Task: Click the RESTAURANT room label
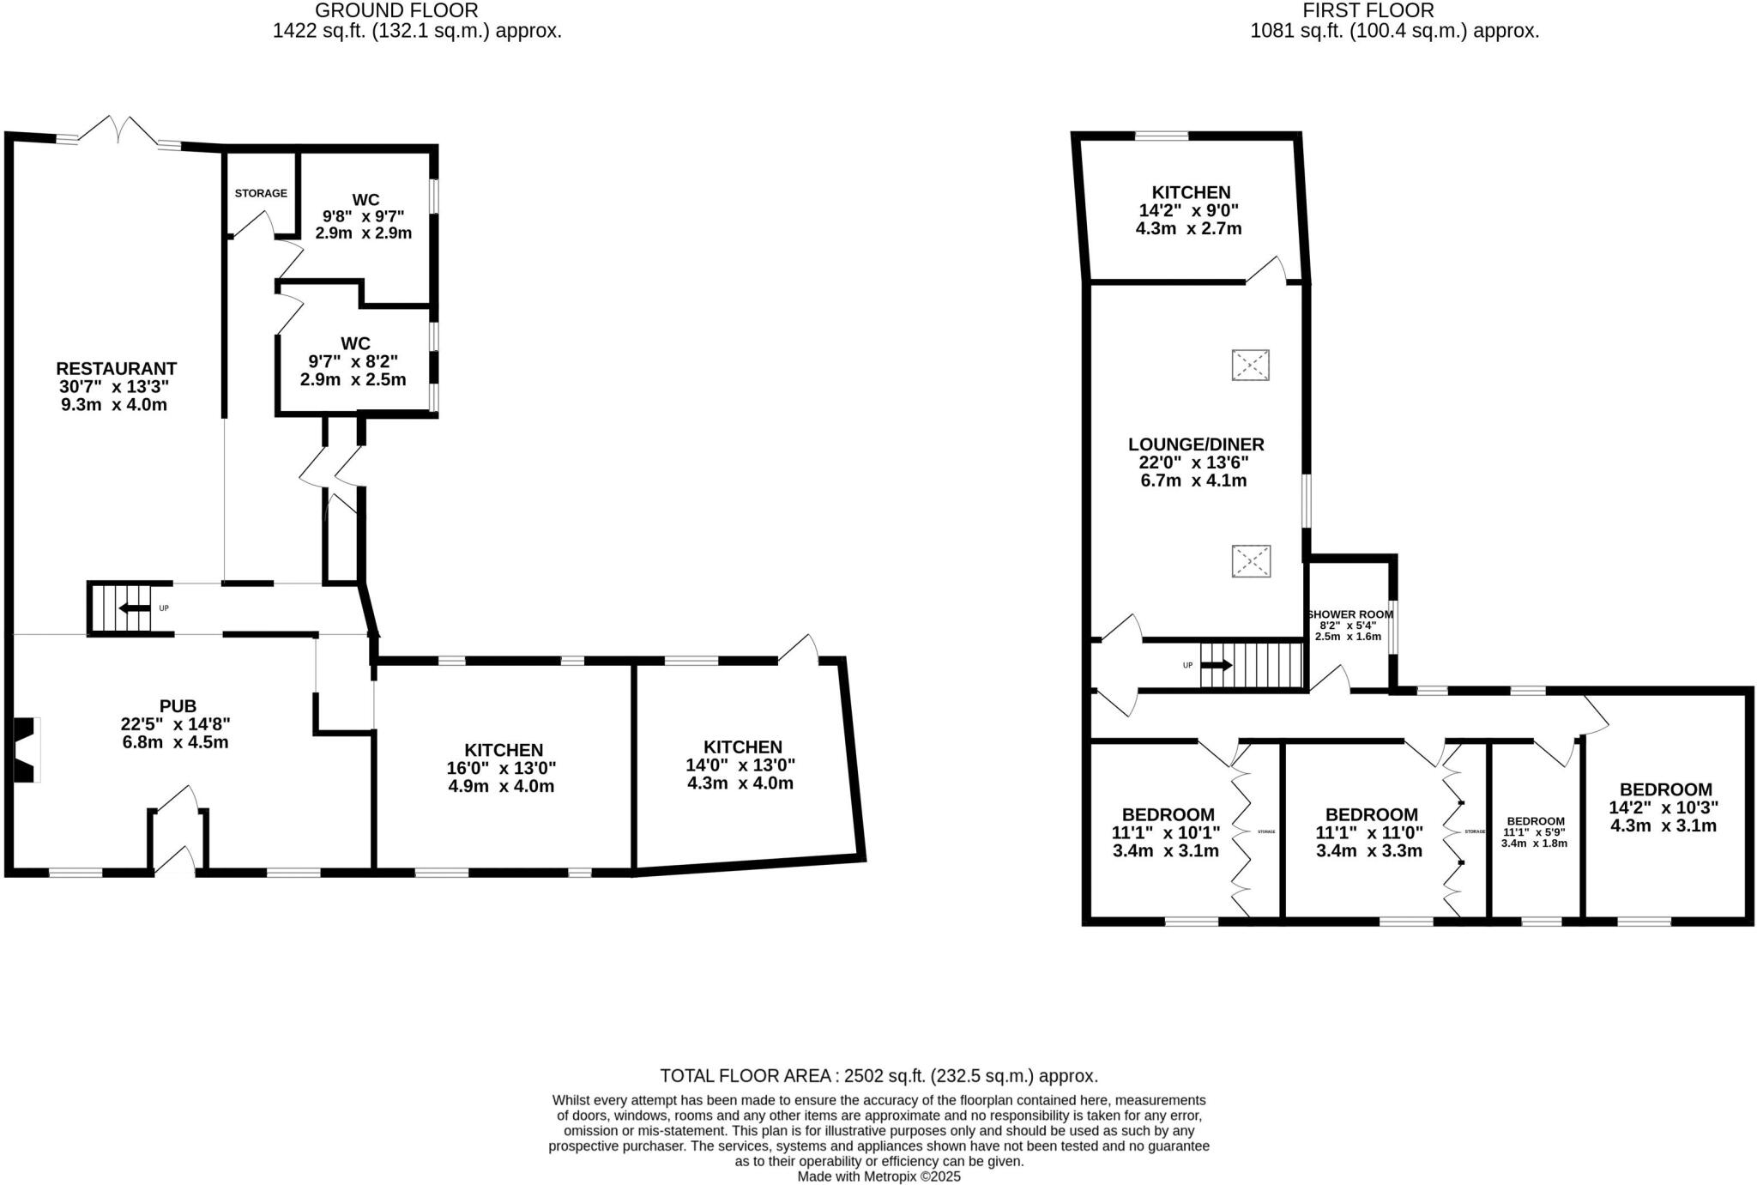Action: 116,369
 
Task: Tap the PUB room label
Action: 178,706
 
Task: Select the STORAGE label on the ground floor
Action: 261,194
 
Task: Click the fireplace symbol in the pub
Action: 27,749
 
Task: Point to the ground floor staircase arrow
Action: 133,608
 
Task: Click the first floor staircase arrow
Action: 1217,665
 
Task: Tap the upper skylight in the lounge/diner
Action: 1250,366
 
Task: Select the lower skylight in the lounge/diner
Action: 1251,561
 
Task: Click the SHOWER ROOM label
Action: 1349,614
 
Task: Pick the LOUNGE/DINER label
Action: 1196,444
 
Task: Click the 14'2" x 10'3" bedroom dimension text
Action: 1664,807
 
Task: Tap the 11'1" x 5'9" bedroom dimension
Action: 1535,832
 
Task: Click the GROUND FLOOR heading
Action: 396,10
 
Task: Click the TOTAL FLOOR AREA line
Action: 878,1076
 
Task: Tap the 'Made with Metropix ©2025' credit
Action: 878,1176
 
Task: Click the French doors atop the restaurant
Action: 119,131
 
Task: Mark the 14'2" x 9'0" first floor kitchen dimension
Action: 1190,210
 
